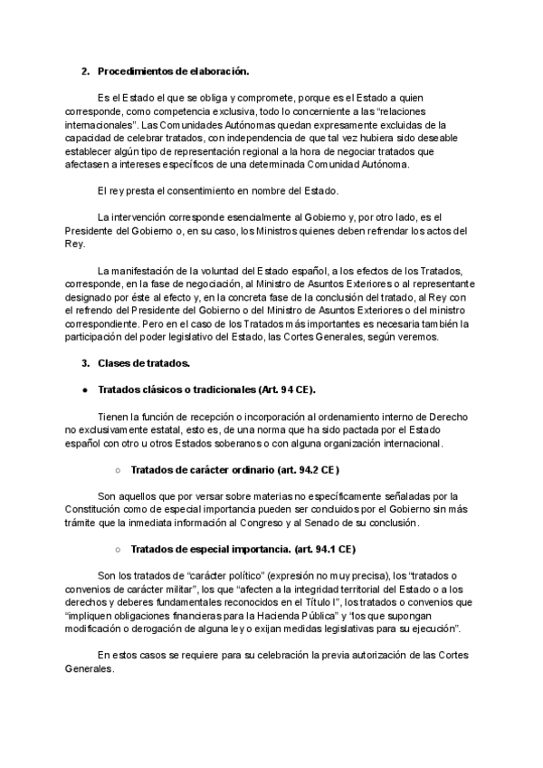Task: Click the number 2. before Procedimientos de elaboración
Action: point(85,71)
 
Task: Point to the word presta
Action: point(137,190)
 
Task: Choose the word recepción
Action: point(209,417)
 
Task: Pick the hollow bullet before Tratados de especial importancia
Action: point(118,550)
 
